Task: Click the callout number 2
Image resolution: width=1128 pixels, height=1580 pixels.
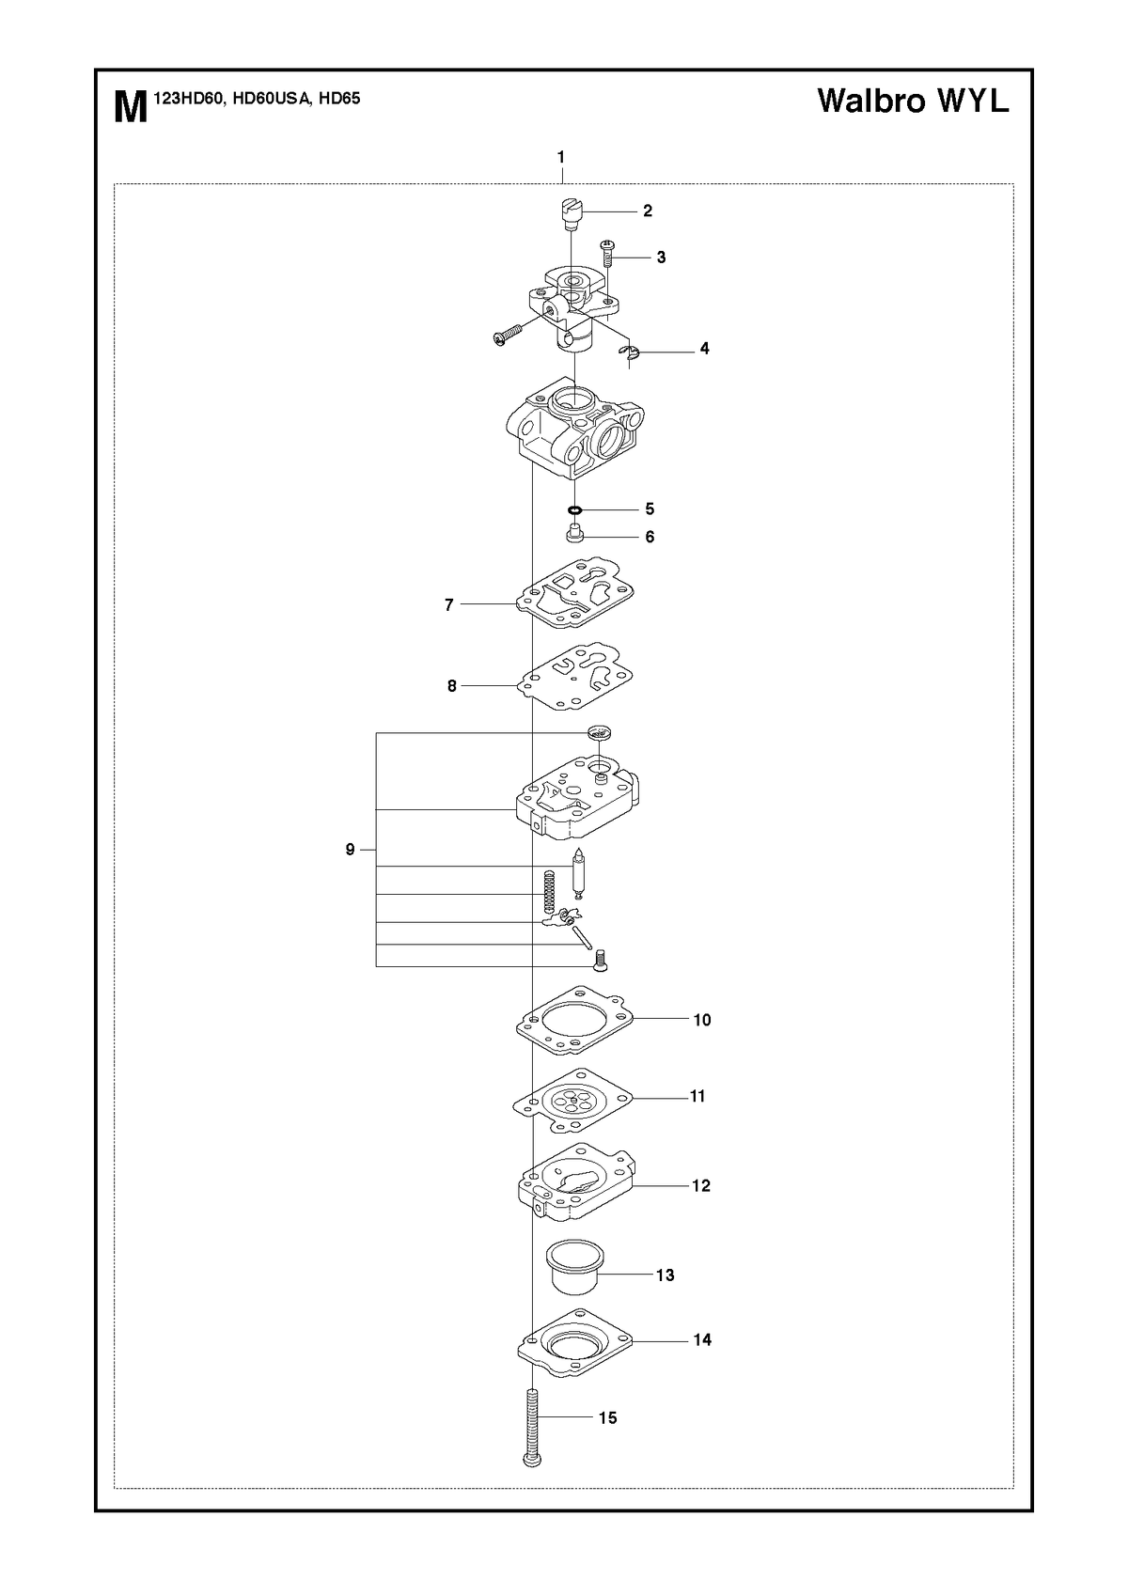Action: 647,211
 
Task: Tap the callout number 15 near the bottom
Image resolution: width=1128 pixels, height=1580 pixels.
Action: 607,1417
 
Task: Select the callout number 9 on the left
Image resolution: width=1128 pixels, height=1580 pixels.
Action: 350,850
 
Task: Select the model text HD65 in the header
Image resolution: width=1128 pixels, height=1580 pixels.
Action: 339,99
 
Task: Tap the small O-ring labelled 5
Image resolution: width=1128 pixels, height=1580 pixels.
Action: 575,509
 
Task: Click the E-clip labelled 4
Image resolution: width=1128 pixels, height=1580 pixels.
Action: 630,355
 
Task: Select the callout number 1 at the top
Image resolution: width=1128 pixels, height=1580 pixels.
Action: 561,157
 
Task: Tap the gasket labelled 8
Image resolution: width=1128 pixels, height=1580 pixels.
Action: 575,676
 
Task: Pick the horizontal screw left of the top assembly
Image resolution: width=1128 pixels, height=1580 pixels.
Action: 509,335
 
